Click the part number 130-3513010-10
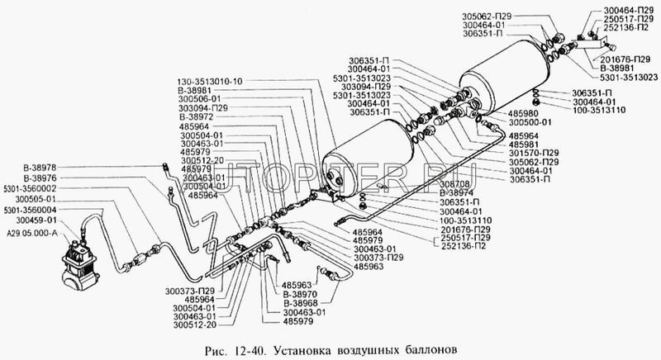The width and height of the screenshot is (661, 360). (210, 81)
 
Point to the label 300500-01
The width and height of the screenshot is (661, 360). (529, 122)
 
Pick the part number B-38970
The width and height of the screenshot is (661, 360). (299, 294)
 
